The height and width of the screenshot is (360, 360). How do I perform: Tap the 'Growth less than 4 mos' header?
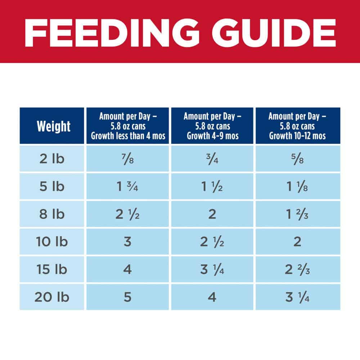(x=128, y=126)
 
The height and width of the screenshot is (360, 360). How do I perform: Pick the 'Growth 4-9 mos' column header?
(x=212, y=126)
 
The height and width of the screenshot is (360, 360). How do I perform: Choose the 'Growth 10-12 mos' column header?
(x=297, y=126)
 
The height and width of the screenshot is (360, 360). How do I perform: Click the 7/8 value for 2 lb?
(x=128, y=159)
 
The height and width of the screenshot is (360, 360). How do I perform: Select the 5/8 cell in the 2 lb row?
(x=297, y=159)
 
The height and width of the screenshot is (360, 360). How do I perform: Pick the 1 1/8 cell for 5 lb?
(x=297, y=186)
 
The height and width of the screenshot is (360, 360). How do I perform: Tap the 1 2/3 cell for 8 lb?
(x=297, y=214)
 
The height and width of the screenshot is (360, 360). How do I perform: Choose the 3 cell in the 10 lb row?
(x=128, y=242)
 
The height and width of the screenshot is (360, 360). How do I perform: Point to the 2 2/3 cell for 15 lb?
(x=297, y=270)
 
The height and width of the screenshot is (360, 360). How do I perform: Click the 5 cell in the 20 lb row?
(x=128, y=297)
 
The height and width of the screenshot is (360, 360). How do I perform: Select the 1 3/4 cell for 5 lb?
(x=128, y=186)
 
